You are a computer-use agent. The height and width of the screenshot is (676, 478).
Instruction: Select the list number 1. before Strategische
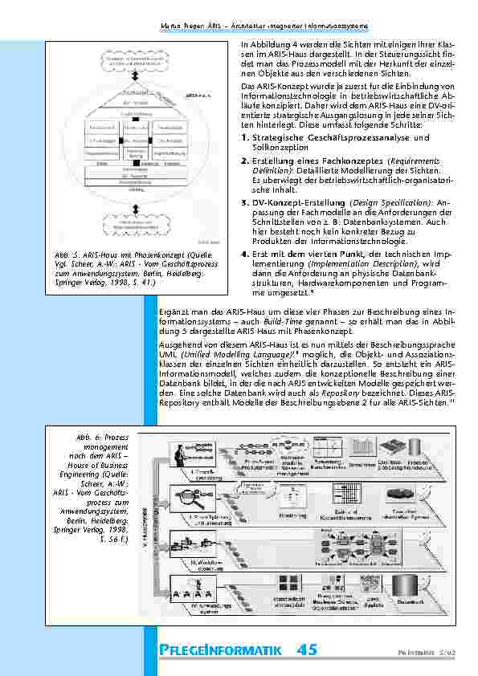(244, 139)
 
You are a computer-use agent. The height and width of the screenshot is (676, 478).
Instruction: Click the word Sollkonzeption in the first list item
(278, 149)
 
